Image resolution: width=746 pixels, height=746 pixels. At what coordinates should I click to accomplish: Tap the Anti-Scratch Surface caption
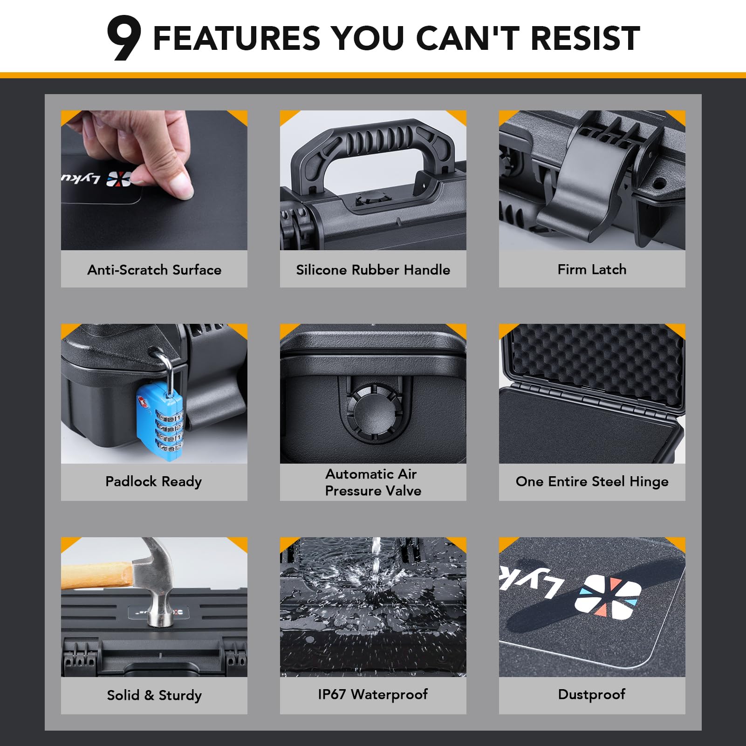(x=154, y=270)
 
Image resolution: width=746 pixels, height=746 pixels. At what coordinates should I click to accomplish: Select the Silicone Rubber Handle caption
(x=373, y=270)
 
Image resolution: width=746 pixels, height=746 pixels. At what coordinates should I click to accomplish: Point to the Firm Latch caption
(x=592, y=269)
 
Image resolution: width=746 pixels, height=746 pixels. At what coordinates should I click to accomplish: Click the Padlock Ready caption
(x=154, y=481)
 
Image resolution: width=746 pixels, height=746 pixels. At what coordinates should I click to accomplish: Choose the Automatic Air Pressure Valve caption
(x=373, y=482)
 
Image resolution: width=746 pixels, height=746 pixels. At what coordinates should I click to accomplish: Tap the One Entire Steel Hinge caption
(x=592, y=481)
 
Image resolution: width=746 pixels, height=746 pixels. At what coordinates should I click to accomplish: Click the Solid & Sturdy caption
(x=154, y=695)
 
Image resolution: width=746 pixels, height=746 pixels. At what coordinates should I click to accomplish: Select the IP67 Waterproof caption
(x=373, y=694)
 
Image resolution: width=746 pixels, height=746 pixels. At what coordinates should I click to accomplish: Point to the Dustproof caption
(x=592, y=694)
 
